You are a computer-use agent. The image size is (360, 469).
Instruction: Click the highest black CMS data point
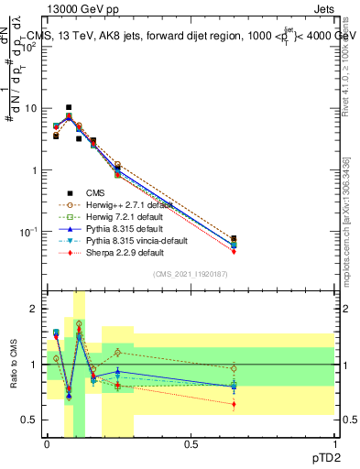[69, 107]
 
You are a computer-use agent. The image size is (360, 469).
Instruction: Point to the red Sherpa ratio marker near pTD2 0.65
[234, 404]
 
